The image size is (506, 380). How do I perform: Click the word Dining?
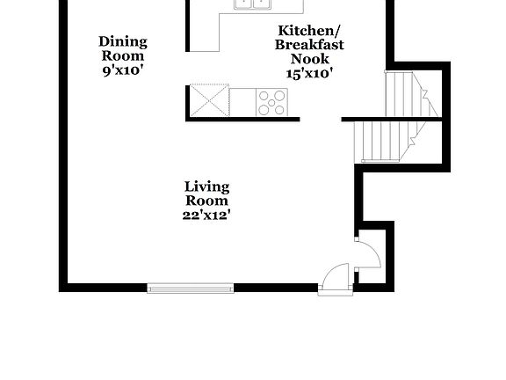coord(123,41)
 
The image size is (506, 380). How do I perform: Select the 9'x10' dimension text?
coord(123,69)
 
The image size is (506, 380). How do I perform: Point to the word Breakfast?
coord(309,45)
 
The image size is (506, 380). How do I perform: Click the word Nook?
coord(309,59)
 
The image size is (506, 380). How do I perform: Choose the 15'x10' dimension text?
coord(309,74)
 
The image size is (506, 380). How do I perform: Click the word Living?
coord(207,186)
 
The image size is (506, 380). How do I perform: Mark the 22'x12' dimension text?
coord(207,215)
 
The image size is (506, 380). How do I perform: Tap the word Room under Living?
coord(207,201)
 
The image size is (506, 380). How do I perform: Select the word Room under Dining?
coord(123,55)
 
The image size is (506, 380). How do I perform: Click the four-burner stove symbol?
coord(271,102)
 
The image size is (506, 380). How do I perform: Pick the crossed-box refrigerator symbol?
coord(209,99)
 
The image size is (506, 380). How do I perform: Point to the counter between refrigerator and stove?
coord(242,99)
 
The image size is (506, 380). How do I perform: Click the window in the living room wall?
coord(191,288)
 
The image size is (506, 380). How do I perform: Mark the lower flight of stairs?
coord(381,141)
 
